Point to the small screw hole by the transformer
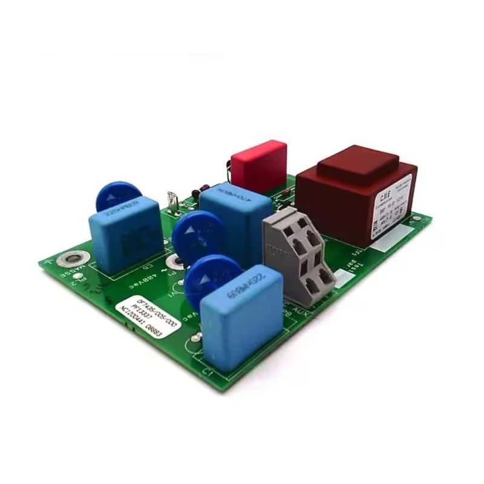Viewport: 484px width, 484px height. [417, 218]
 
